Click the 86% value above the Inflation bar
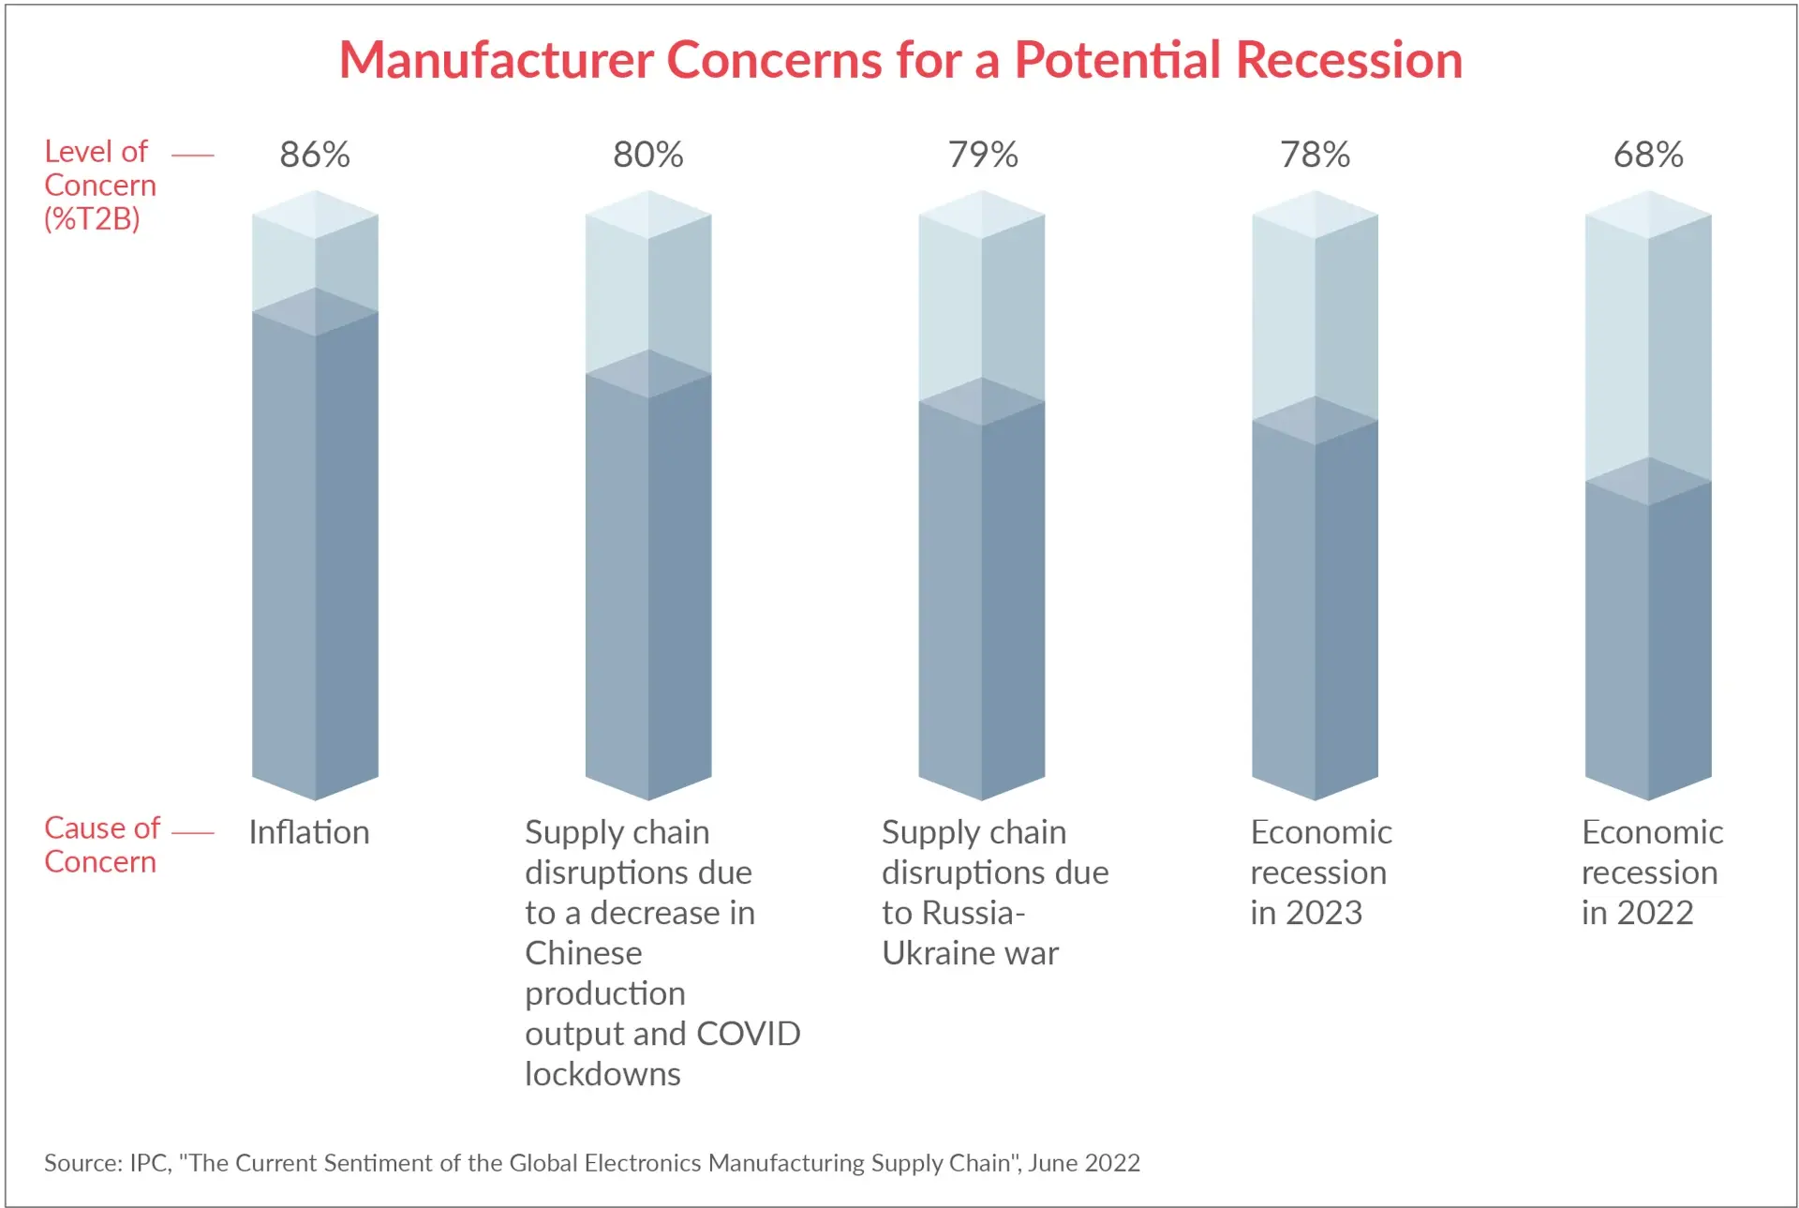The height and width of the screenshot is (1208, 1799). point(315,155)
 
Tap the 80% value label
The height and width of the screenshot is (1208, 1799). point(647,155)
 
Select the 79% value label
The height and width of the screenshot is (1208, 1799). point(982,155)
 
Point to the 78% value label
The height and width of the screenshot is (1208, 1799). point(1315,155)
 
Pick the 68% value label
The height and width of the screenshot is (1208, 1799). point(1647,155)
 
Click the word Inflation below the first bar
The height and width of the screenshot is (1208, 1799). point(308,832)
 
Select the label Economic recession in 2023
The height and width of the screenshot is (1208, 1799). point(1319,872)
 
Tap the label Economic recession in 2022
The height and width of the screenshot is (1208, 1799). point(1651,872)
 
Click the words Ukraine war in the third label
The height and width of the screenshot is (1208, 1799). point(969,953)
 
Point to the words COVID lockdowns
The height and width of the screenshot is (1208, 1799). point(656,1054)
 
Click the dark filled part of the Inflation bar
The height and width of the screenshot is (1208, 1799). point(315,562)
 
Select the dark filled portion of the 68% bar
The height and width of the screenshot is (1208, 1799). point(1647,647)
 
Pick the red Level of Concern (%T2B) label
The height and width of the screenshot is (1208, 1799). point(99,185)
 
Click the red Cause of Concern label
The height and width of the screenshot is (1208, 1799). point(101,844)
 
